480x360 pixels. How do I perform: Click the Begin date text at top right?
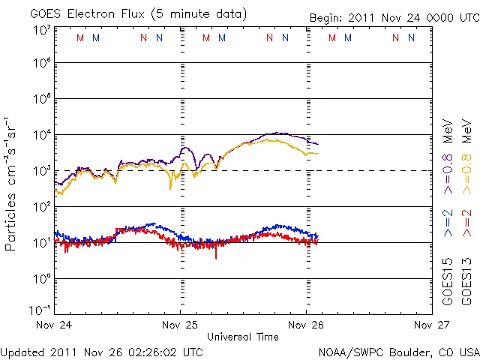coord(394,18)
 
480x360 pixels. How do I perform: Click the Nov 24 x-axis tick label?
coord(55,325)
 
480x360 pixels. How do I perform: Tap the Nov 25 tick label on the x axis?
coord(181,325)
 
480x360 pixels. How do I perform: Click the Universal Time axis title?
coord(242,336)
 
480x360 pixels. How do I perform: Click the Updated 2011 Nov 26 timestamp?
coord(101,351)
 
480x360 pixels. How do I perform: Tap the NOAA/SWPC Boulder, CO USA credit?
coord(399,351)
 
